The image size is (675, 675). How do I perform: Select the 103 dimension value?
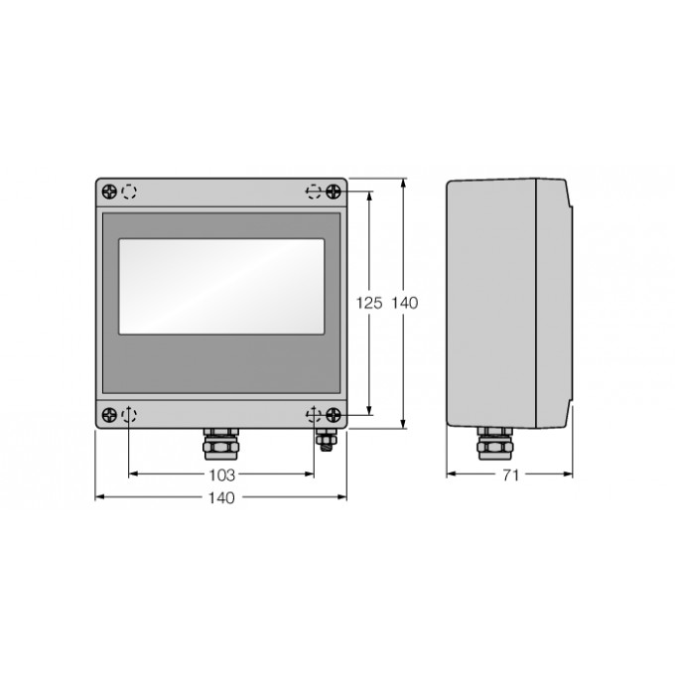[x=221, y=474]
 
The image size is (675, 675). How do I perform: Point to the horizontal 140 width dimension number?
[x=221, y=497]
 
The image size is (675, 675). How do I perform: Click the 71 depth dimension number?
[x=509, y=474]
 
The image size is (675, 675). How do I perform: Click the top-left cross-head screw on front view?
[x=108, y=191]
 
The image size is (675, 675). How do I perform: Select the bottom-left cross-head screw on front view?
[x=108, y=416]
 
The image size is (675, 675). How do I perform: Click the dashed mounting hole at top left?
[x=129, y=191]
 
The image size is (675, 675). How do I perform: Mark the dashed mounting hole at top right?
[x=314, y=191]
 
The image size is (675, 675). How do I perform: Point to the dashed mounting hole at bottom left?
[x=129, y=416]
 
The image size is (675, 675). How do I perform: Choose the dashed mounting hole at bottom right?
[x=314, y=416]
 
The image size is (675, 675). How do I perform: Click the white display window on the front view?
[x=220, y=286]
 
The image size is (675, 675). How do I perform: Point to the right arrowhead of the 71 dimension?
[x=569, y=474]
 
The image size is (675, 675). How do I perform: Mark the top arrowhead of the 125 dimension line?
[x=369, y=196]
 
